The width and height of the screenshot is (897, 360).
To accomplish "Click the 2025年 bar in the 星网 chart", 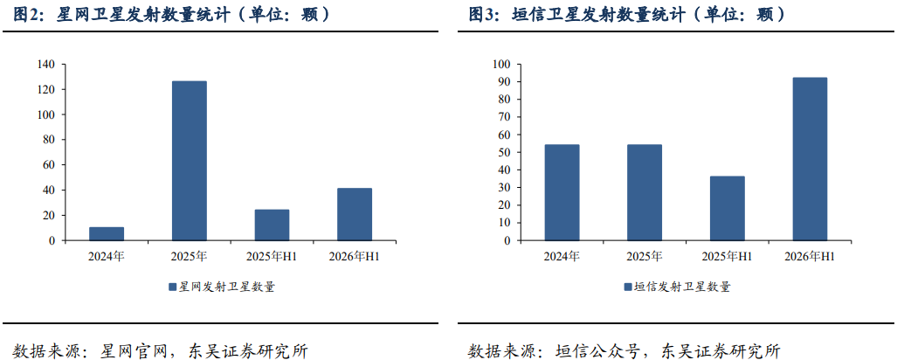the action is tap(189, 161).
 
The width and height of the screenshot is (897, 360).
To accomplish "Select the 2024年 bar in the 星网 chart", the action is tap(107, 234).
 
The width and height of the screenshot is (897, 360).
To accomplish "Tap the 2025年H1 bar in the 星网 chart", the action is tap(272, 225).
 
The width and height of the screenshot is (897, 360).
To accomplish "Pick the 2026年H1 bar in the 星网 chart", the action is tap(354, 215).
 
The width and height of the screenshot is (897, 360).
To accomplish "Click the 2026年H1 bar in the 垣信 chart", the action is tap(810, 159).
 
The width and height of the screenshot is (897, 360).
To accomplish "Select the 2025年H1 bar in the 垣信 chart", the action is tap(727, 208).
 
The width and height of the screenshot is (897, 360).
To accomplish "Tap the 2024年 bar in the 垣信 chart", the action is tap(562, 193).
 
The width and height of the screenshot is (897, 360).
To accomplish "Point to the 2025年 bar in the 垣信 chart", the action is tap(645, 193).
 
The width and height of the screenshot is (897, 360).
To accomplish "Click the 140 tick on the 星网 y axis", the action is tap(45, 65).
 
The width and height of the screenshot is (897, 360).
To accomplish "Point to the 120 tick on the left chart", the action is tap(45, 90).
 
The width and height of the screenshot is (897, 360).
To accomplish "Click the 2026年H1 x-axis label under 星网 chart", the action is tap(354, 256).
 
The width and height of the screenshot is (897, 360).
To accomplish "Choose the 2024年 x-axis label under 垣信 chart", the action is tap(562, 256).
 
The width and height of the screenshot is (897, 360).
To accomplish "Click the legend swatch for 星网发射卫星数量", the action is tap(172, 287).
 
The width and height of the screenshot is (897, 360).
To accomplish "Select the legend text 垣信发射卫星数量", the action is tap(682, 287).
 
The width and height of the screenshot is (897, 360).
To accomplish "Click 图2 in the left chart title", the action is tap(28, 15).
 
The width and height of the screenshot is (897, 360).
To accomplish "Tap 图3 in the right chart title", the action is tap(484, 15).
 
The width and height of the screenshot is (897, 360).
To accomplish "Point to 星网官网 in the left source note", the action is tap(134, 350).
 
